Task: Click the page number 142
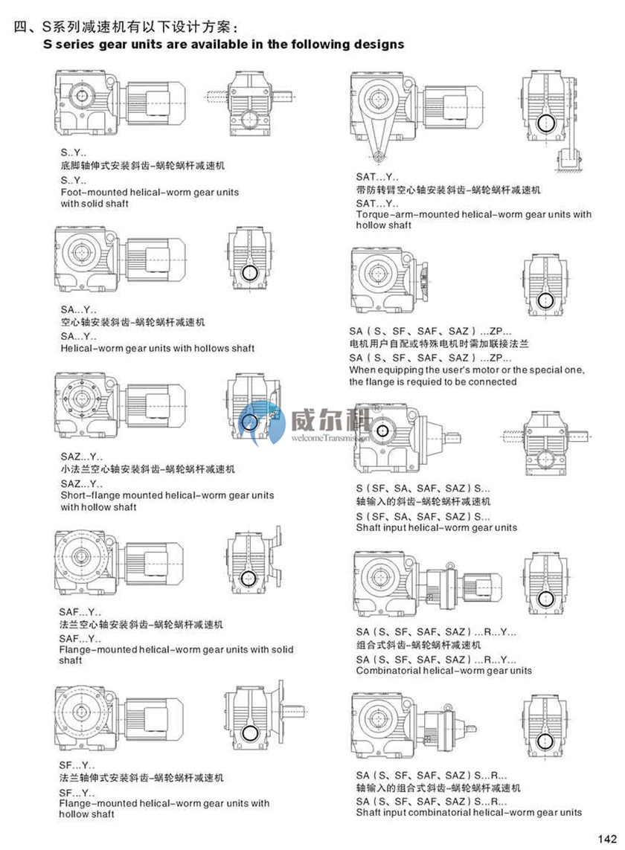(607, 838)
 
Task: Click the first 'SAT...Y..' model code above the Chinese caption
(376, 178)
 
